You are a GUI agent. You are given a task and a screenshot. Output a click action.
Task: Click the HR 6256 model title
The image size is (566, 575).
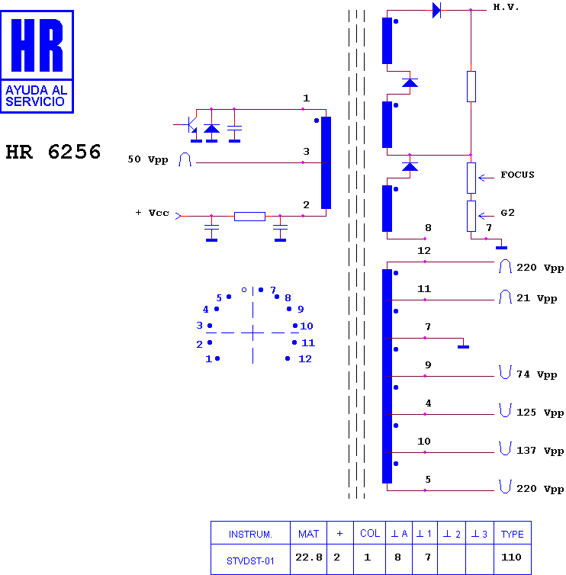(x=53, y=152)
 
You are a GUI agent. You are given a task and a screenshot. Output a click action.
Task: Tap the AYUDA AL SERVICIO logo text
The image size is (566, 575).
(x=36, y=96)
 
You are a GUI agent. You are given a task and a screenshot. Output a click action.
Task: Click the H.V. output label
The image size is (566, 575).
(x=506, y=7)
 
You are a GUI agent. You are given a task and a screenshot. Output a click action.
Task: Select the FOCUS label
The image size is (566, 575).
(x=517, y=175)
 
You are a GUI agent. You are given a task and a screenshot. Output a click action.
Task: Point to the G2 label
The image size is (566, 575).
(x=507, y=213)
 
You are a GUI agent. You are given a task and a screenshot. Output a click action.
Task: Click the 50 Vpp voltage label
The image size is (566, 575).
(x=148, y=159)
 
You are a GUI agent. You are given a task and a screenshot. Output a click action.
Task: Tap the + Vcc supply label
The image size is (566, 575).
(x=153, y=213)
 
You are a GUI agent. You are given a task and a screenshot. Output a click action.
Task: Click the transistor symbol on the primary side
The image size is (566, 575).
(x=190, y=124)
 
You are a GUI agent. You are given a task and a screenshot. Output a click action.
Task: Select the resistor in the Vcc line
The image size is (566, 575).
(x=249, y=217)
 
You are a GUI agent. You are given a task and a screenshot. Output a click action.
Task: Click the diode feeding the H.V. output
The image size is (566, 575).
(x=436, y=10)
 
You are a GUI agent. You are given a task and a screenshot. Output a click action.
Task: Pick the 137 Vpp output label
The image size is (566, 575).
(x=540, y=451)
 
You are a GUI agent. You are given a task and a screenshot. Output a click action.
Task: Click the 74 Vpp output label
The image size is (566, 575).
(x=537, y=374)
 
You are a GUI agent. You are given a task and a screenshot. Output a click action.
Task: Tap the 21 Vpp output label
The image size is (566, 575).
(x=537, y=298)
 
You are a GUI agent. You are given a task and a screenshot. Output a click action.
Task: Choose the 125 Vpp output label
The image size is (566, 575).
(x=540, y=413)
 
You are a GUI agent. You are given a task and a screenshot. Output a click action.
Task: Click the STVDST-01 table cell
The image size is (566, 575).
(x=250, y=561)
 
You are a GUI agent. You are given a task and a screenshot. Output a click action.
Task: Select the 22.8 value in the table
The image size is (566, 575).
(x=309, y=557)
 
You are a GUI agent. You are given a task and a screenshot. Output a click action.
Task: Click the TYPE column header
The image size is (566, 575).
(x=512, y=535)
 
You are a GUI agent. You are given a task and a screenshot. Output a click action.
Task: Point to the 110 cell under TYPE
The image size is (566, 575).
(x=511, y=557)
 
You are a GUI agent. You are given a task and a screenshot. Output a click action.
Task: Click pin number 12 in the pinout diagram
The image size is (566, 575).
(x=305, y=358)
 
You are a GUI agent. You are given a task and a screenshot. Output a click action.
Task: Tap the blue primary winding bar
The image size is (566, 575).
(x=326, y=163)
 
